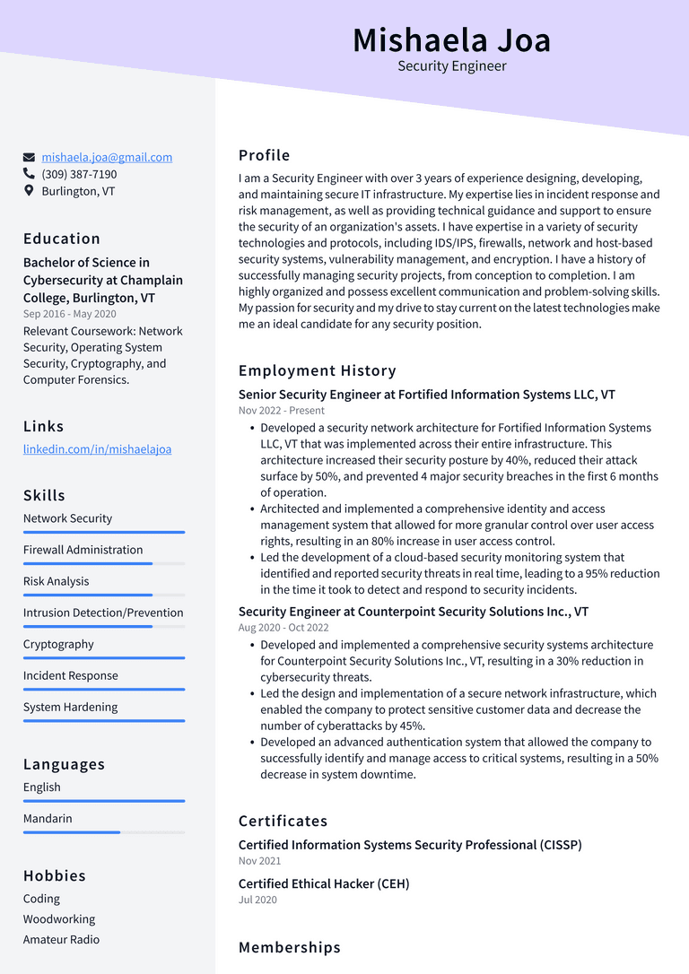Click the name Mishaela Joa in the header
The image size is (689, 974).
[451, 40]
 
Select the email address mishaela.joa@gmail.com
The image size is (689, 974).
[107, 157]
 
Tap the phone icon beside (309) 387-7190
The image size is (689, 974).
[29, 174]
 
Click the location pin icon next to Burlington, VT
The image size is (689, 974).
[29, 191]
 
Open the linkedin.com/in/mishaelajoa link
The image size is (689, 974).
[97, 449]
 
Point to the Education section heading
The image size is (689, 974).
[62, 239]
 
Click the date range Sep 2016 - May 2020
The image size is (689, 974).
[69, 314]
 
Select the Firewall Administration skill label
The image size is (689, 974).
[83, 550]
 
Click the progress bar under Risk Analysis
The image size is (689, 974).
[103, 595]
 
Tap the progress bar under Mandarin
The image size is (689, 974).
[103, 832]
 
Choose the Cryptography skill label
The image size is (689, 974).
[58, 644]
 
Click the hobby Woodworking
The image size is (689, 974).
[59, 919]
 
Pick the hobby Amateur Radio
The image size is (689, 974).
[61, 940]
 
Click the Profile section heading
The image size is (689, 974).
[264, 155]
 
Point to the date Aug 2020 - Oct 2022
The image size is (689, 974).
[283, 628]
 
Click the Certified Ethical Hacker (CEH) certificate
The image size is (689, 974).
[324, 883]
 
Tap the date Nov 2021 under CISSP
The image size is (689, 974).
[259, 861]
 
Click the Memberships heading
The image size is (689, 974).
[289, 947]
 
